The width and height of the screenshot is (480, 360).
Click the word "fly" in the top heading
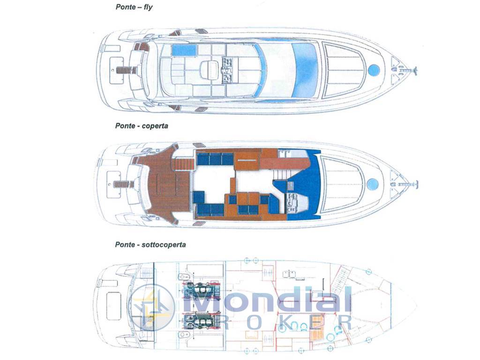148,7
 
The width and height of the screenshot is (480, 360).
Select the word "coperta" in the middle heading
155,126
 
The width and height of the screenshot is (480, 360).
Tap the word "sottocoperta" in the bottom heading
164,245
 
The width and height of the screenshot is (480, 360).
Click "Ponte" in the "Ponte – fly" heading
126,7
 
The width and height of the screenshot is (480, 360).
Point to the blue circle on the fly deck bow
374,70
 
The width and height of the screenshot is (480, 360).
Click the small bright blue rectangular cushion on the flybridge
184,50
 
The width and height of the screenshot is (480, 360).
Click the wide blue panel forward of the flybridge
305,70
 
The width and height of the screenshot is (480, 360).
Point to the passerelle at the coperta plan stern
123,185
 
